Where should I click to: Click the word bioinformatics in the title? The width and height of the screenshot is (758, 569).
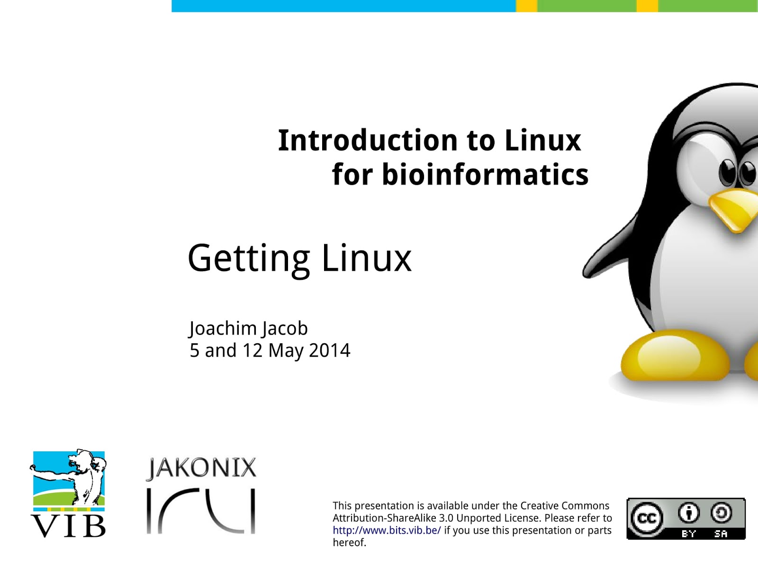(485, 174)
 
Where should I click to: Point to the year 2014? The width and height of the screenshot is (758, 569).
(329, 350)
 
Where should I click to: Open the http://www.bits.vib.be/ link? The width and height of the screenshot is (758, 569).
(387, 530)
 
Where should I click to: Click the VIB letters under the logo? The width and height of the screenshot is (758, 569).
(68, 526)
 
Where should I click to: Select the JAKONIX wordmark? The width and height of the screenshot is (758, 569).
(201, 468)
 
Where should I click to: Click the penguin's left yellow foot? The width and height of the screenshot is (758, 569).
(675, 356)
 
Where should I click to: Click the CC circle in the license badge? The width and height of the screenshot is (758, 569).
(646, 517)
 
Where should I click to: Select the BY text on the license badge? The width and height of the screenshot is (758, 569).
(688, 534)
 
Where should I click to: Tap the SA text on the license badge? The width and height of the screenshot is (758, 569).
(721, 534)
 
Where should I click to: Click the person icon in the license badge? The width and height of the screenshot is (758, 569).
(688, 513)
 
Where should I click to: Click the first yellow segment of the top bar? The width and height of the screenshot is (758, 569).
(527, 6)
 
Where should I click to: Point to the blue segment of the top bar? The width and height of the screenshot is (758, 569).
(343, 6)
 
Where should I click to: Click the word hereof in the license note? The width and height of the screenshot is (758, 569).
(348, 542)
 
